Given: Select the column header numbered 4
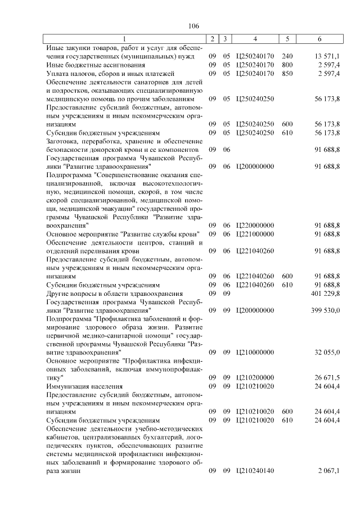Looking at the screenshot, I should coord(255,39).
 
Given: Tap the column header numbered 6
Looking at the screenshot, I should coord(320,39).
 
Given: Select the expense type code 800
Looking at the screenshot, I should coord(287,65).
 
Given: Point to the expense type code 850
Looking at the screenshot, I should coord(287,74).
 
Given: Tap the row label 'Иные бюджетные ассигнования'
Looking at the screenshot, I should coord(90,65).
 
